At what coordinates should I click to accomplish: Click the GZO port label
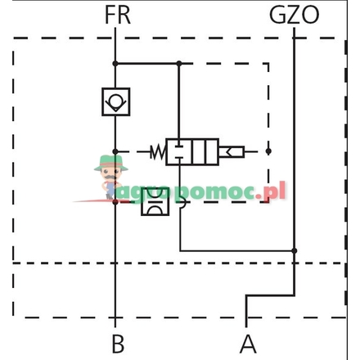point(295,14)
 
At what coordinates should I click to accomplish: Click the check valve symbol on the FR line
point(115,101)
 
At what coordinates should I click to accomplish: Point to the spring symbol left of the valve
point(155,151)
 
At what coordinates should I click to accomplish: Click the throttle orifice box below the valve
point(154,201)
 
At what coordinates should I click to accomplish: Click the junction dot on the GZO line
point(295,250)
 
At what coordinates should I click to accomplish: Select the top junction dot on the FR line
point(115,63)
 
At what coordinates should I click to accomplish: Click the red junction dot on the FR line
point(115,201)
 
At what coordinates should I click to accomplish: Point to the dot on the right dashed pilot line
point(268,151)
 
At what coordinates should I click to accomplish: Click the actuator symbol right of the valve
point(231,151)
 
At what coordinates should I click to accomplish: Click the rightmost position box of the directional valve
point(209,151)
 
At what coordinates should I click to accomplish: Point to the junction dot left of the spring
point(115,151)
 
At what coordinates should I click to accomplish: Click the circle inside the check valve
point(115,102)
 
